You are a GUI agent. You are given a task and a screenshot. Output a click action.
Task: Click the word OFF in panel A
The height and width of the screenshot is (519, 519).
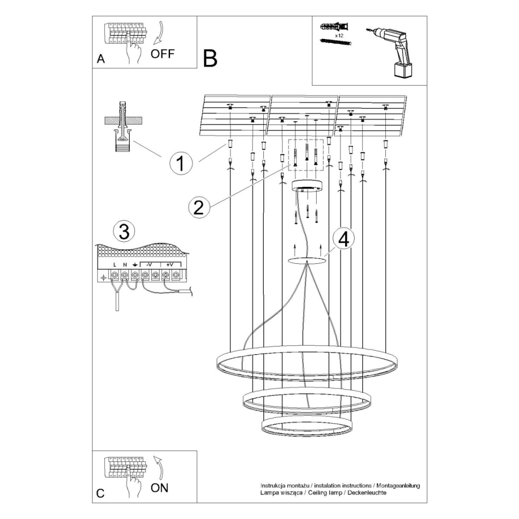pyautogui.click(x=162, y=53)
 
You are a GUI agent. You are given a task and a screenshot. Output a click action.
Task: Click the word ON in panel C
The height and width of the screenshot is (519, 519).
pyautogui.click(x=160, y=488)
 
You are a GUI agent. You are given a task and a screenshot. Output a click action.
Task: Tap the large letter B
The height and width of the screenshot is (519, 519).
pyautogui.click(x=210, y=59)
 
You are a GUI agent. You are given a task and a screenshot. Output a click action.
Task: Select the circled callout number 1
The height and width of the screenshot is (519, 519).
pyautogui.click(x=180, y=163)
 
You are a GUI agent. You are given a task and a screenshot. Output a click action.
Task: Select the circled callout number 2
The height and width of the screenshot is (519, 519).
pyautogui.click(x=198, y=207)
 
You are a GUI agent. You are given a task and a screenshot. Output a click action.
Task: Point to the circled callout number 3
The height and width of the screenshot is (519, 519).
pyautogui.click(x=124, y=232)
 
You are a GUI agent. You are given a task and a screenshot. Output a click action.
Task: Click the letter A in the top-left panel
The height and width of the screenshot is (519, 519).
pyautogui.click(x=100, y=59)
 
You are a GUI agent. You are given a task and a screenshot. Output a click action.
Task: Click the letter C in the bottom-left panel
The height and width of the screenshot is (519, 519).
pyautogui.click(x=100, y=493)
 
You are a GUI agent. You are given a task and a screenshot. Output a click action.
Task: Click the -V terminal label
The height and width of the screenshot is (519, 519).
pyautogui.click(x=149, y=265)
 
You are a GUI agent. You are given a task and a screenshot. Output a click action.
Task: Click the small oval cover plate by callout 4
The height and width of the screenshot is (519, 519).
pyautogui.click(x=307, y=260)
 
